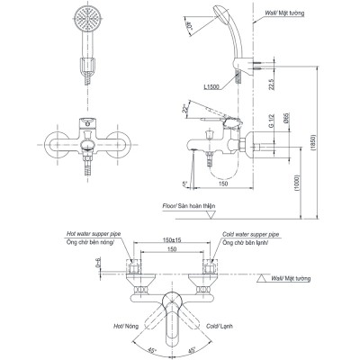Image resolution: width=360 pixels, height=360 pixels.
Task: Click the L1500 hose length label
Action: click(211, 86)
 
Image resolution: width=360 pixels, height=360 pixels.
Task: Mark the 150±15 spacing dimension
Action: click(165, 241)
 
